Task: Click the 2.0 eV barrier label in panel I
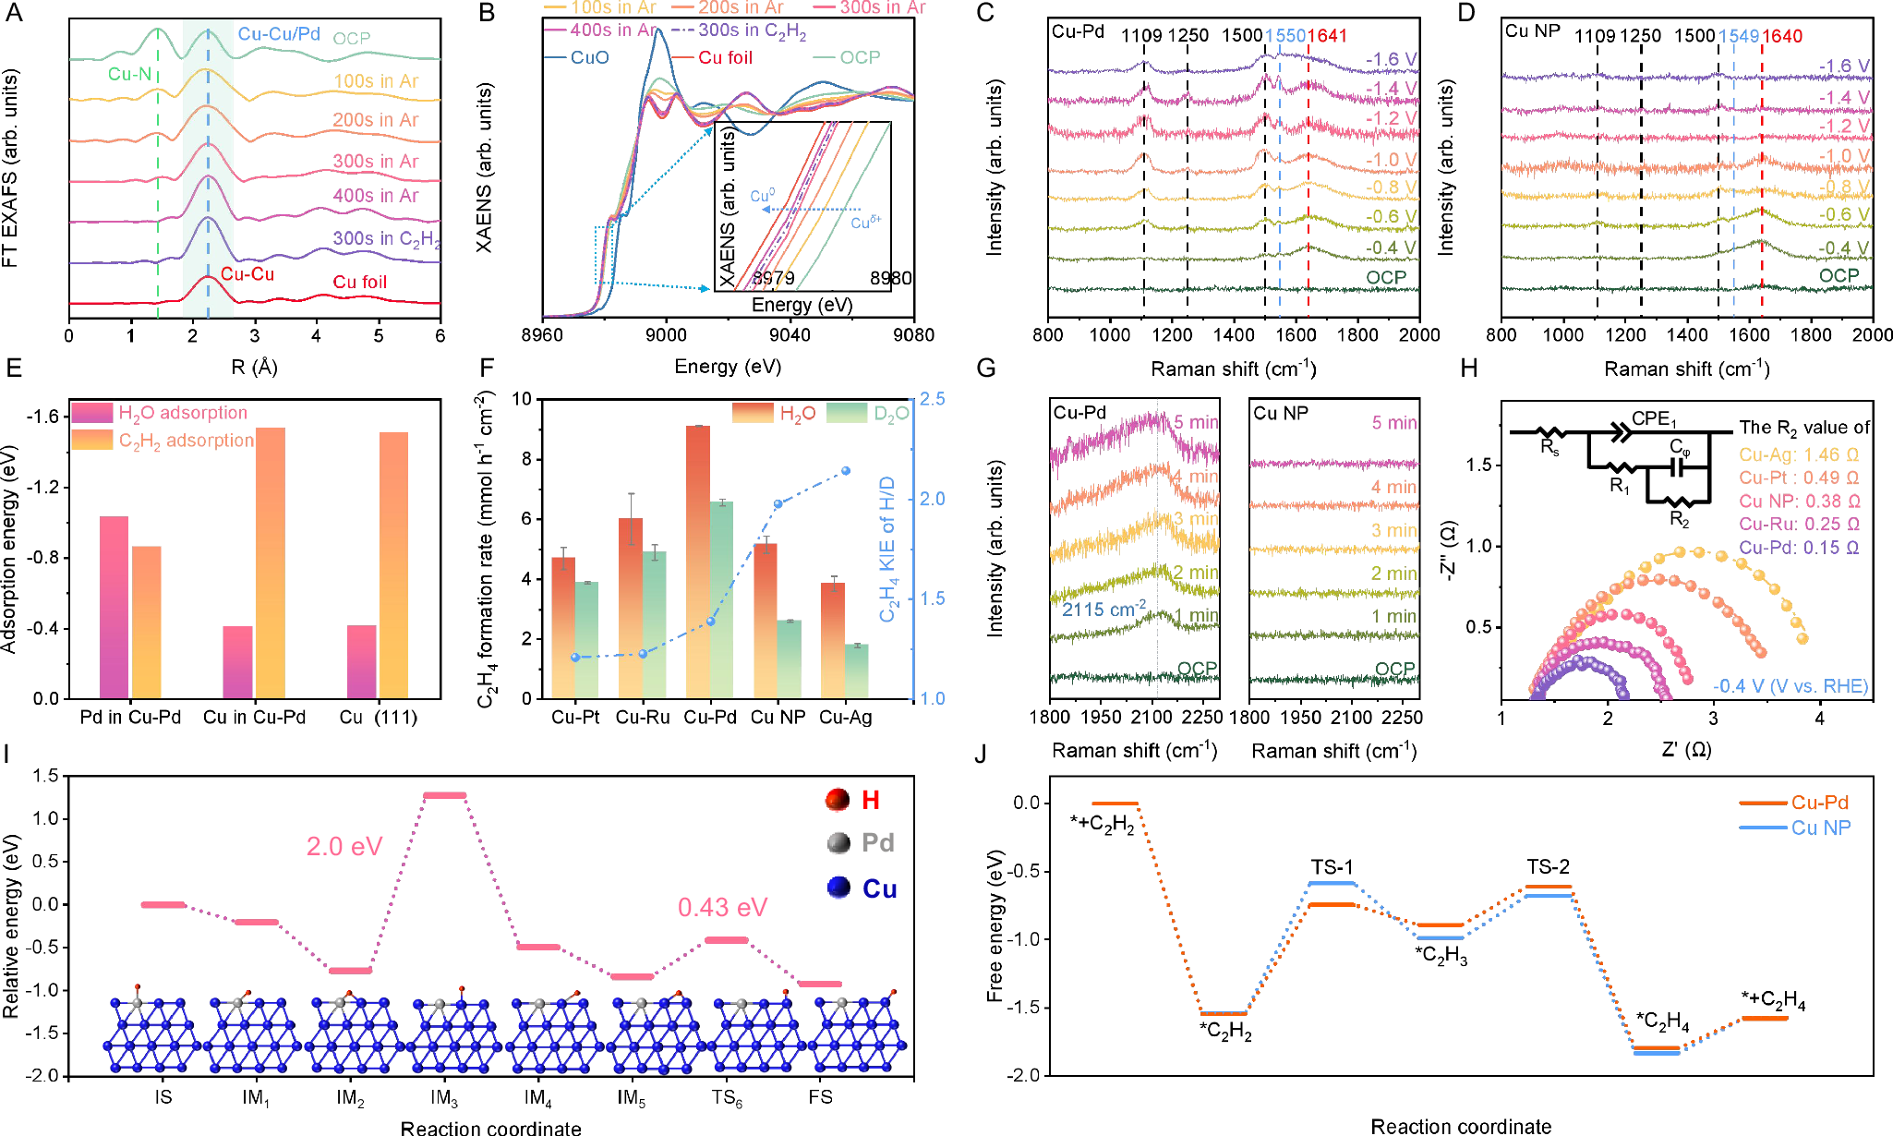[x=344, y=846]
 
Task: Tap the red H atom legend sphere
[x=838, y=800]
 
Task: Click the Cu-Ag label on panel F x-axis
[x=845, y=718]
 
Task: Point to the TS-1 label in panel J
[x=1332, y=866]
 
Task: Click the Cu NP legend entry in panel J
[x=1820, y=828]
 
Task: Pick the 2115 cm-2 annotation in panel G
[x=1103, y=610]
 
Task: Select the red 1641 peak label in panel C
[x=1327, y=36]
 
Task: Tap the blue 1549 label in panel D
[x=1738, y=36]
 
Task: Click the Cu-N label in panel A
[x=129, y=74]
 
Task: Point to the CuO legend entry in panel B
[x=589, y=57]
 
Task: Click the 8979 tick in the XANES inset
[x=773, y=278]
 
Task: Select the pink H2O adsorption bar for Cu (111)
[x=361, y=661]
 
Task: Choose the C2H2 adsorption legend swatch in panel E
[x=92, y=441]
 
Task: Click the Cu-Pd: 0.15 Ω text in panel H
[x=1799, y=548]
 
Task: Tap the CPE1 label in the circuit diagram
[x=1654, y=418]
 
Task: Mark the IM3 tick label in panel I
[x=444, y=1097]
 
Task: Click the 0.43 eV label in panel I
[x=722, y=907]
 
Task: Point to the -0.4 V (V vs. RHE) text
[x=1791, y=686]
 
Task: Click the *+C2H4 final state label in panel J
[x=1773, y=999]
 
